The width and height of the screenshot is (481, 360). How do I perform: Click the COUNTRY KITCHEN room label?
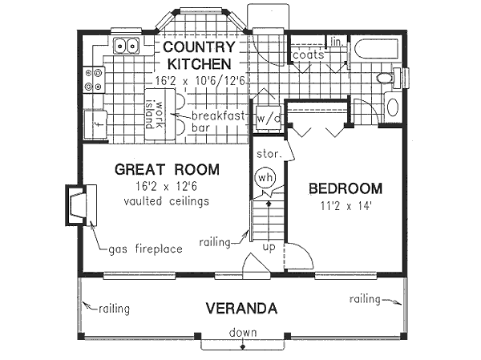[198, 55]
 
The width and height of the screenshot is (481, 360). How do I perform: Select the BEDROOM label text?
[346, 189]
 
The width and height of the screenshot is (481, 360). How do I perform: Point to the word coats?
[308, 55]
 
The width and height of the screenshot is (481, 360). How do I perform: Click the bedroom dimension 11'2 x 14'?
[346, 205]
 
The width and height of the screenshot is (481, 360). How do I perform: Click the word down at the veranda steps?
[242, 333]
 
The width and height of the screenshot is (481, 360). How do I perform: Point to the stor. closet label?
[265, 152]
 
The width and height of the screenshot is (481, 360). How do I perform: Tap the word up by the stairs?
[269, 246]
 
